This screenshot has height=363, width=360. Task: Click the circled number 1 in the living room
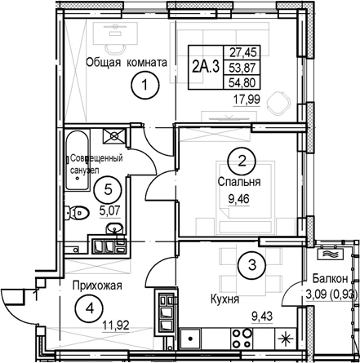tap(144, 85)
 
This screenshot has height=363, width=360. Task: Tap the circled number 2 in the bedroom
tap(242, 162)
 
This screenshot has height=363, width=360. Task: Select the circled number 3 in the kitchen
tap(252, 264)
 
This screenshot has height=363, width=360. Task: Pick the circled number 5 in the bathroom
tap(108, 189)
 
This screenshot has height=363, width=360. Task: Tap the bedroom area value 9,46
tap(238, 200)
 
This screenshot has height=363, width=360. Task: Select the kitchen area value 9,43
tap(262, 317)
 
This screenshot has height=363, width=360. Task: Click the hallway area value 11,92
tap(116, 325)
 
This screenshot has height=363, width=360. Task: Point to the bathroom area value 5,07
tap(110, 210)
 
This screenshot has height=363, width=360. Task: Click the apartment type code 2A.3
tap(206, 67)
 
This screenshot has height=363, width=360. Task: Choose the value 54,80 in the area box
tap(242, 82)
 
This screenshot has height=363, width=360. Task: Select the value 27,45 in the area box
tap(242, 52)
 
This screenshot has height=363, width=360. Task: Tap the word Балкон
tap(330, 278)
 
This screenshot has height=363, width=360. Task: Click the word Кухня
tap(224, 299)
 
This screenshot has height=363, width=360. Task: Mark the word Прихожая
tap(97, 286)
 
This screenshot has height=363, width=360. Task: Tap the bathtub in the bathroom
tap(78, 161)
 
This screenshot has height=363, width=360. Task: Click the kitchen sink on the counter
tap(190, 339)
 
